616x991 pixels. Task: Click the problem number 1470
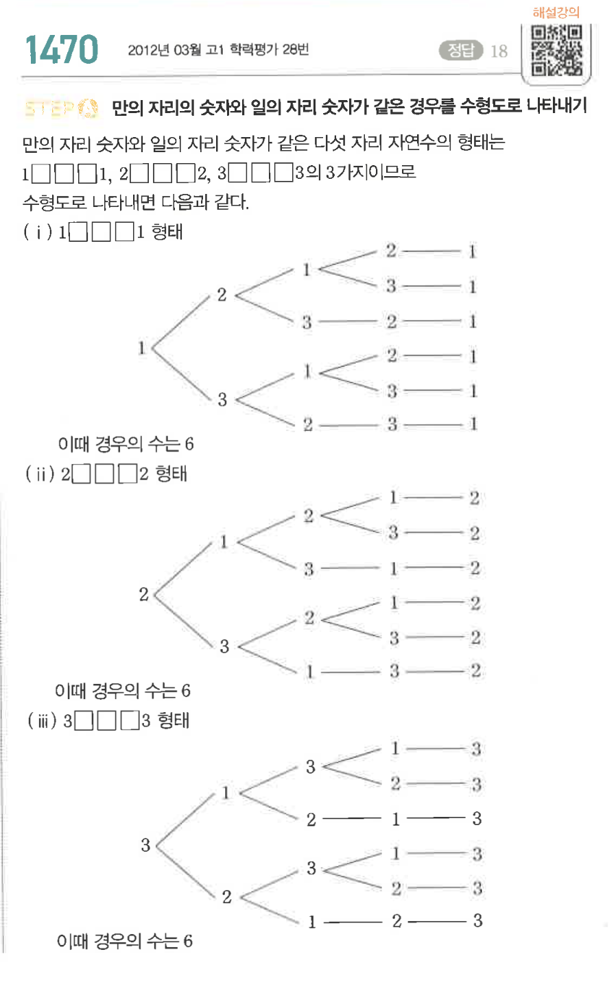click(62, 49)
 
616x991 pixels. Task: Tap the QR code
click(556, 50)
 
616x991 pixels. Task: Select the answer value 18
click(499, 51)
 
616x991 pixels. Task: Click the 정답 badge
click(462, 50)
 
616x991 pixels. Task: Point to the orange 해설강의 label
click(556, 12)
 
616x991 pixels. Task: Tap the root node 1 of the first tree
click(142, 347)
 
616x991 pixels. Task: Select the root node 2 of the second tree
click(143, 594)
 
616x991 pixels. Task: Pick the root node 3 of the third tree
click(145, 845)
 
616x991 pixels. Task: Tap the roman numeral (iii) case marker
click(41, 721)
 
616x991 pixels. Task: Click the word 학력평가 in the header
click(254, 49)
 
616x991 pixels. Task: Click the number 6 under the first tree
click(189, 444)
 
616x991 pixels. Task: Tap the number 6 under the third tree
click(187, 941)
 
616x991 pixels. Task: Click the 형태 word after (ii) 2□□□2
click(171, 474)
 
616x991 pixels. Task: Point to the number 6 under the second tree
click(186, 691)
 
